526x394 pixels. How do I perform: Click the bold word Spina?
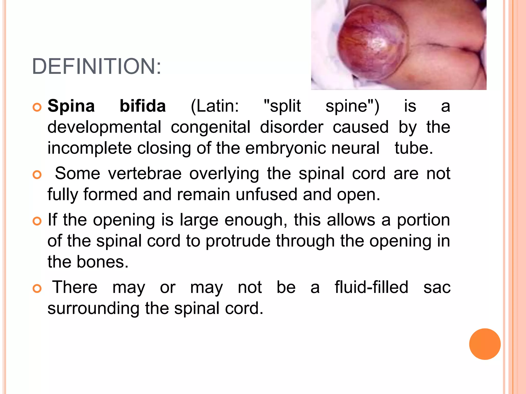tap(71, 106)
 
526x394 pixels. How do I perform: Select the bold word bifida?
tap(143, 106)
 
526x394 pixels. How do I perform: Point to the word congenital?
tap(211, 127)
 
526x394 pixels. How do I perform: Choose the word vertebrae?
tap(145, 173)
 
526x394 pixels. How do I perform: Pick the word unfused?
tap(266, 194)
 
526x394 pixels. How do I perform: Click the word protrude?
tap(238, 241)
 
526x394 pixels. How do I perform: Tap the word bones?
tap(102, 262)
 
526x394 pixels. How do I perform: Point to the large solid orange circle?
tap(485, 344)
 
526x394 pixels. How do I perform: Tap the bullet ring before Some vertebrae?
tap(37, 175)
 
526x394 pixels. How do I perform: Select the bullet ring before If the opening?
tap(37, 221)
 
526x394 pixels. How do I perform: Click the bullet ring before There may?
tap(37, 289)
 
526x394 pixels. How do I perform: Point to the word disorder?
tap(292, 127)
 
